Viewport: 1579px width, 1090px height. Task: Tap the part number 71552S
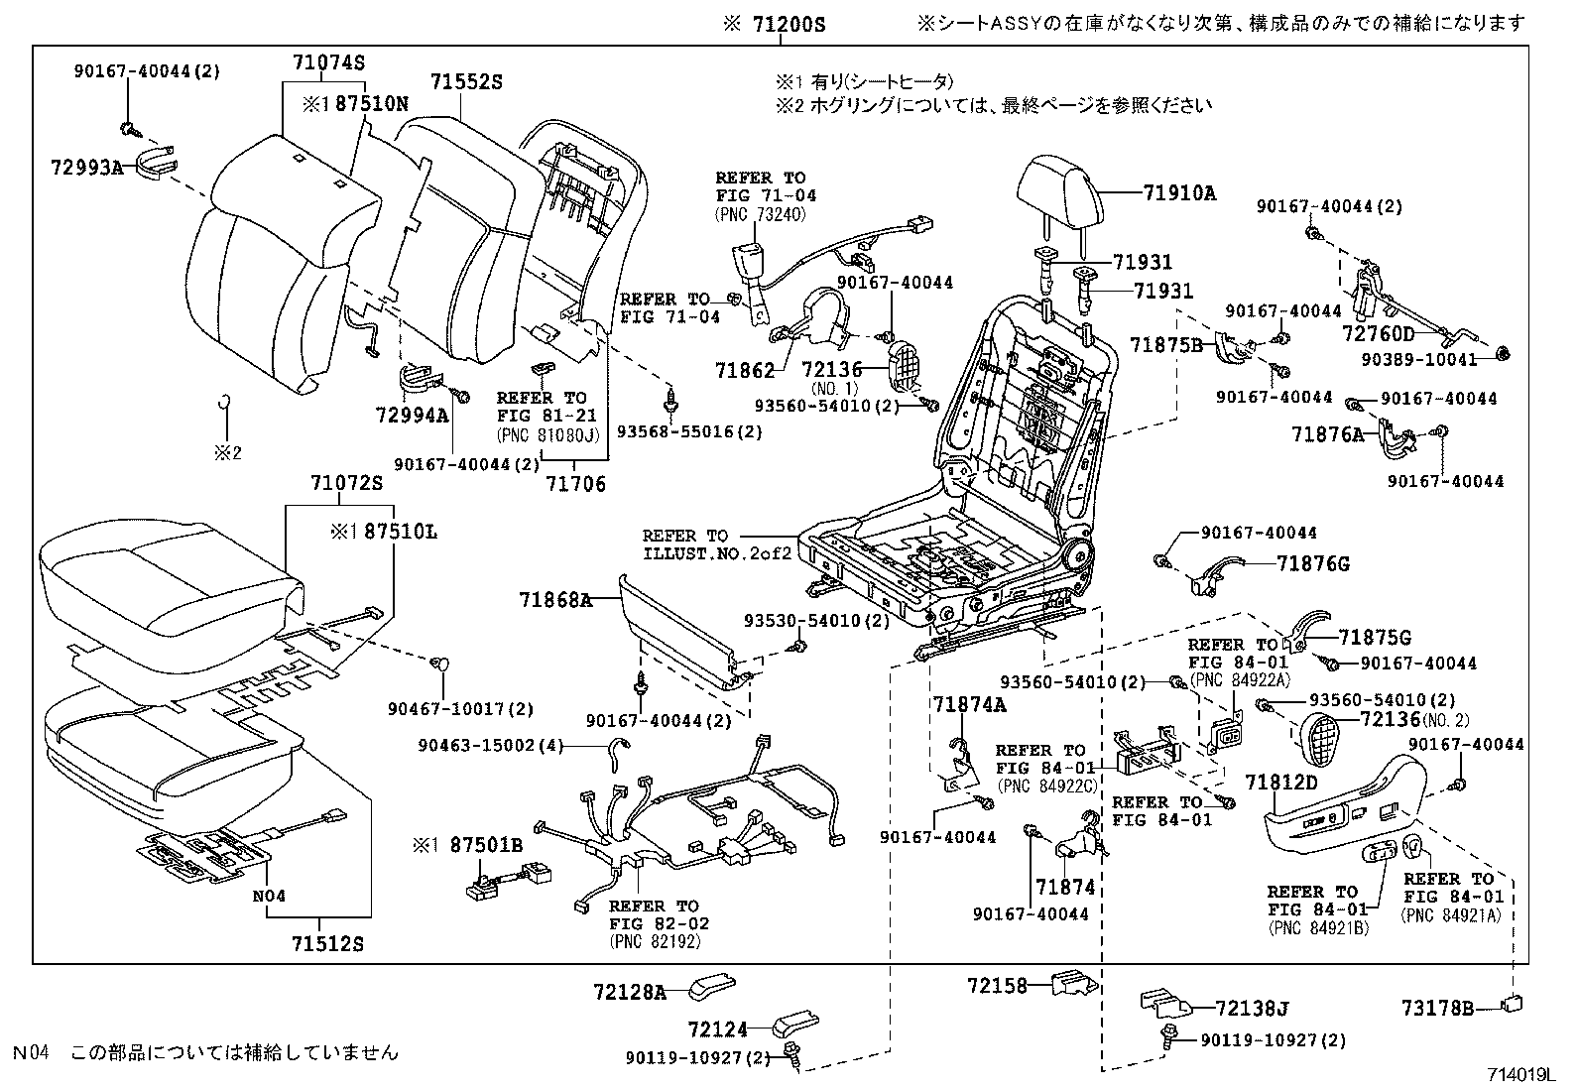coord(466,83)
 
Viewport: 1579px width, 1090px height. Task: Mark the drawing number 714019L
coord(1520,1075)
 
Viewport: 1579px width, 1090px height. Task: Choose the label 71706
coord(575,484)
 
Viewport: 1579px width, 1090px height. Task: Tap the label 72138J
coord(1252,1010)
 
